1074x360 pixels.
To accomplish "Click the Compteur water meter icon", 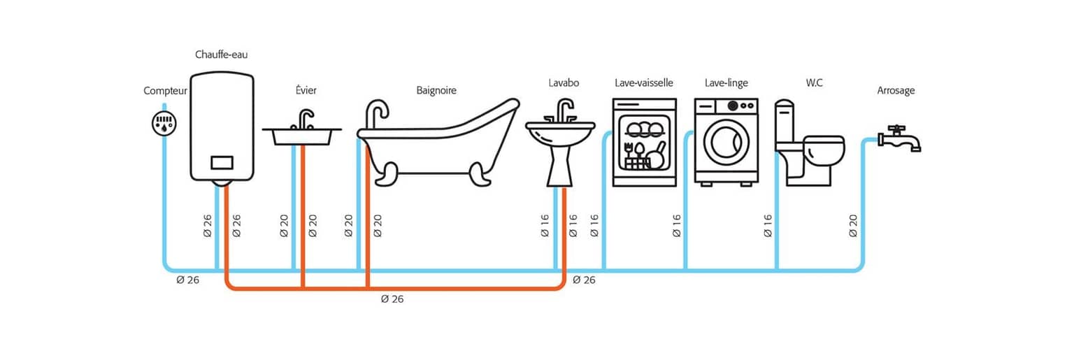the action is [164, 123].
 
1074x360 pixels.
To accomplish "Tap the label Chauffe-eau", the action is [221, 55].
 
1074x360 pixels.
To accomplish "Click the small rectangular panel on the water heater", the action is [222, 162].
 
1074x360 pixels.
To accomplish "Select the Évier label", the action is [306, 90].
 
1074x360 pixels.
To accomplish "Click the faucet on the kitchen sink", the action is [303, 119].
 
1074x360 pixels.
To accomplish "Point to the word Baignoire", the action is [436, 91].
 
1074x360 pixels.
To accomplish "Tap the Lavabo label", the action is [564, 83].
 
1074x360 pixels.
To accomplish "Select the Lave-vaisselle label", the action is [644, 83].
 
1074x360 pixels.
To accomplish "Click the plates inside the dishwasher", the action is [645, 129].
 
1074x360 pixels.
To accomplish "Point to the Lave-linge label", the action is [726, 83].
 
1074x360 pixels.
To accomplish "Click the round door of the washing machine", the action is [726, 143].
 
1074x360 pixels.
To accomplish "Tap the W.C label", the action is [814, 83].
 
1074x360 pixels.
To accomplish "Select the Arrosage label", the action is [896, 91].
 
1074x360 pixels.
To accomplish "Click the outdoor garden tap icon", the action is [899, 139].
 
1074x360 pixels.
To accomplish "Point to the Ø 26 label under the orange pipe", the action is [392, 299].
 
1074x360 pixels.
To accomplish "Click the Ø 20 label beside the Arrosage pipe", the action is [853, 226].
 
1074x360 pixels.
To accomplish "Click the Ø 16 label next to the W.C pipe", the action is [768, 226].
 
